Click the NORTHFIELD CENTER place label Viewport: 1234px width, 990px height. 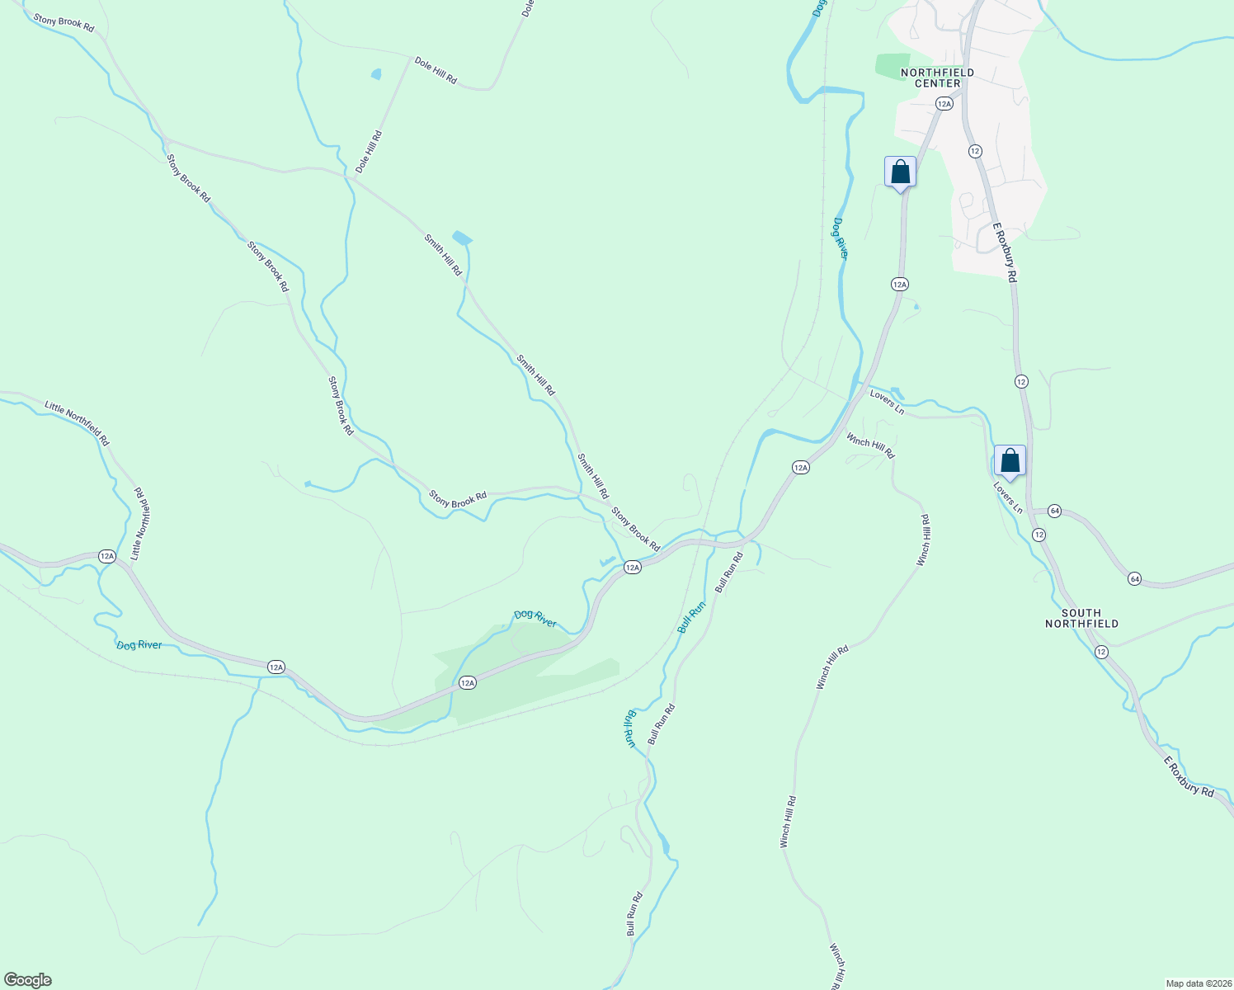tap(937, 78)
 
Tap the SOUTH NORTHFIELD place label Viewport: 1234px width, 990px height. tap(1081, 618)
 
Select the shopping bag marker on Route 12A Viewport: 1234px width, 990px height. tap(900, 172)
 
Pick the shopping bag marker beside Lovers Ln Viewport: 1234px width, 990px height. tap(1010, 461)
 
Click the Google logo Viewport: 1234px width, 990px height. tap(27, 980)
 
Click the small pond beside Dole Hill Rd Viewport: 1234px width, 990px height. tap(377, 74)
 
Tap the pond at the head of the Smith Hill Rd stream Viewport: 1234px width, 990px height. tap(462, 238)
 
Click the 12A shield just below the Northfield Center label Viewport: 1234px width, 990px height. tap(944, 103)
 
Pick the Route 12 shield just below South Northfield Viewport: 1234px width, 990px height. tap(1101, 652)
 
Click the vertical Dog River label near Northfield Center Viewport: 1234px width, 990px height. tap(840, 238)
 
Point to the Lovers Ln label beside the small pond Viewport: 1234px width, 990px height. tap(887, 402)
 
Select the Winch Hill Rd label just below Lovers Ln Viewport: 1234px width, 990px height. tap(870, 446)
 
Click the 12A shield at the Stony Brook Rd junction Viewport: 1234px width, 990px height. tap(632, 567)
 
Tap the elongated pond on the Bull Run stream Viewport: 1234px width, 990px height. tap(664, 843)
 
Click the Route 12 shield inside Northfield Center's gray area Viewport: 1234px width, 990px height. tap(975, 151)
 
